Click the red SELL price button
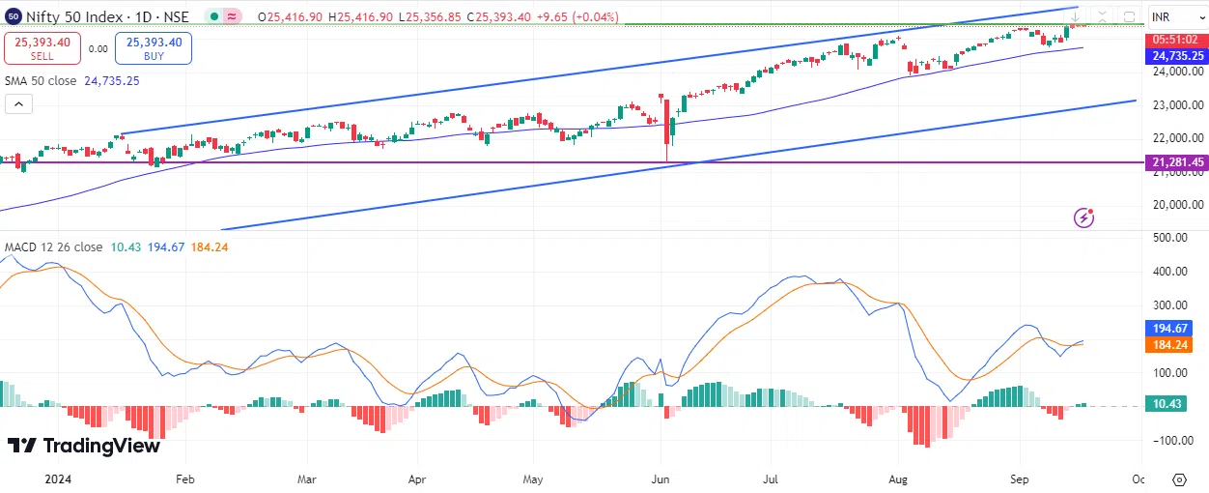[x=41, y=47]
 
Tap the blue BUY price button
[x=154, y=47]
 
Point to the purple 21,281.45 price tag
[x=1177, y=162]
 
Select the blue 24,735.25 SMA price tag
[x=1177, y=56]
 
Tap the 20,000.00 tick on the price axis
[x=1176, y=204]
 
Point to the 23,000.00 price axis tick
[x=1176, y=104]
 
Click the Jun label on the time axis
[x=661, y=478]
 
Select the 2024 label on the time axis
[x=58, y=478]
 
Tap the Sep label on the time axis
[x=1020, y=478]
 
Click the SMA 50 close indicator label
[x=41, y=81]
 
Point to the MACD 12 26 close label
[x=53, y=247]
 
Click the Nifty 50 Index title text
[x=67, y=16]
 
